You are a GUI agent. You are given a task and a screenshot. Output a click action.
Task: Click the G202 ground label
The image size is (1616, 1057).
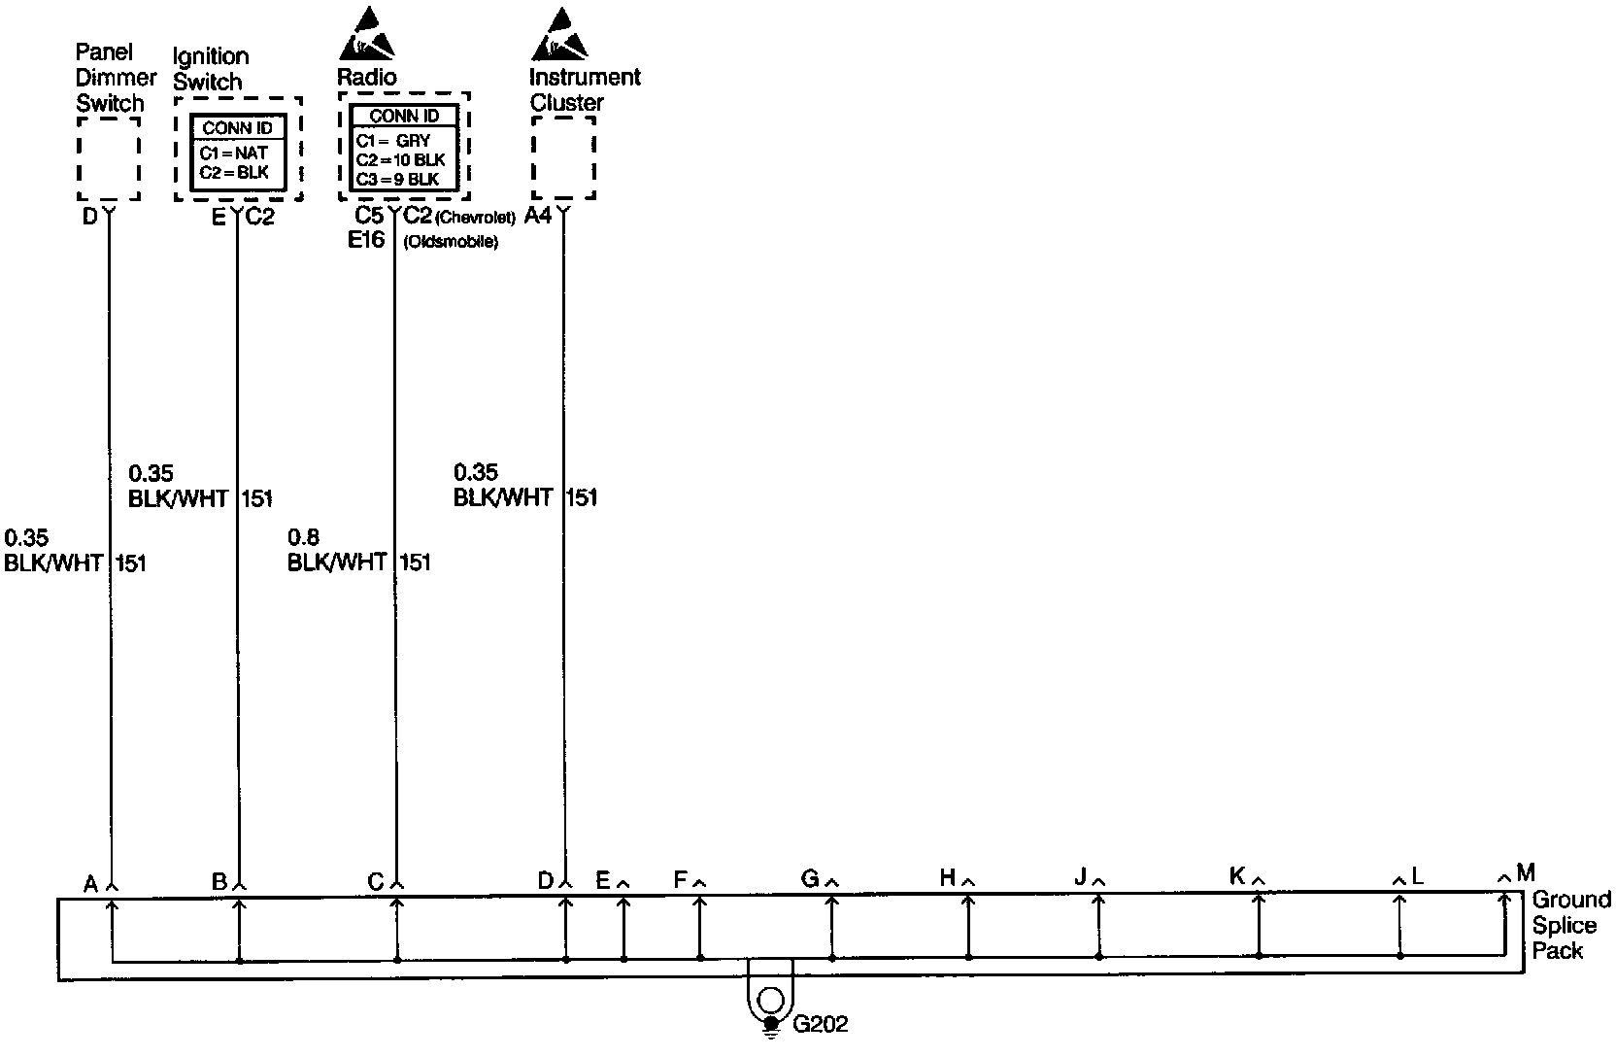click(x=821, y=1024)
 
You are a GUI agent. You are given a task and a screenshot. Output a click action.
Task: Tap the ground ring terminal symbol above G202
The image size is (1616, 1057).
click(x=770, y=1000)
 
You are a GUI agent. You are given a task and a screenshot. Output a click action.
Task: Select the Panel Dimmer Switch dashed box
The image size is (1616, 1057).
click(x=108, y=158)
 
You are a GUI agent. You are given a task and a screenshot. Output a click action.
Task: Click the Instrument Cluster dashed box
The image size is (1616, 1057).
click(x=563, y=158)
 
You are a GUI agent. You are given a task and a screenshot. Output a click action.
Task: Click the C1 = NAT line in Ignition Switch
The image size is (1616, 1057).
click(x=234, y=153)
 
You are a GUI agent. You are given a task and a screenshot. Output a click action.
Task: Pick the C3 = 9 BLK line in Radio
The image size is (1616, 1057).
click(x=397, y=179)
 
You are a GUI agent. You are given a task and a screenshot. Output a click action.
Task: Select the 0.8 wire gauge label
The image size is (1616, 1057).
click(x=303, y=537)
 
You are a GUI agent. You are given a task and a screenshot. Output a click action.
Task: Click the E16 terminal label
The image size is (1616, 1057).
click(x=367, y=240)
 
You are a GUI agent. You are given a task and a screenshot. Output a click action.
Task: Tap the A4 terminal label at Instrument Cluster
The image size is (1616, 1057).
click(x=537, y=216)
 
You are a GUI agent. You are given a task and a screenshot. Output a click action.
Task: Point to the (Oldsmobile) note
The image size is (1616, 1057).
click(x=451, y=242)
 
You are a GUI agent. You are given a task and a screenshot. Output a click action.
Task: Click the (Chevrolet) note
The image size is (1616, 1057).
click(x=475, y=218)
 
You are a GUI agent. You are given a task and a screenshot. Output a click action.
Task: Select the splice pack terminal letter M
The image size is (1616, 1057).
click(x=1525, y=872)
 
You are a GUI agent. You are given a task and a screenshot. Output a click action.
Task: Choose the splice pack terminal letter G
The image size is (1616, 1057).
click(x=809, y=879)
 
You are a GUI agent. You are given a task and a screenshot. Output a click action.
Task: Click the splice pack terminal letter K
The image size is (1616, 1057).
click(x=1236, y=876)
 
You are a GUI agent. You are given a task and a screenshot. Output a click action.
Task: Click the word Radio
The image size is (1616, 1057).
click(x=366, y=77)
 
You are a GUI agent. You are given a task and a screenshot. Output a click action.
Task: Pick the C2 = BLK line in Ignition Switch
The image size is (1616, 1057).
click(x=234, y=172)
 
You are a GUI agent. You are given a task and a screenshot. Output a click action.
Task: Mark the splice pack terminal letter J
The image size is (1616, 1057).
click(x=1080, y=877)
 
